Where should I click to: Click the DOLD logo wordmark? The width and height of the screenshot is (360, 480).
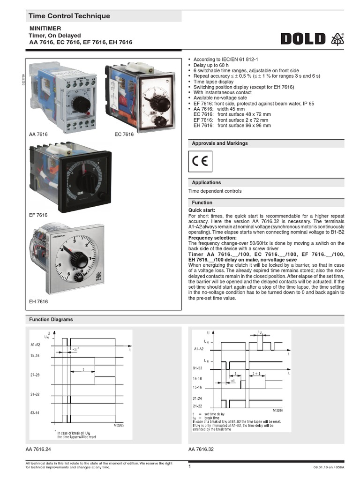[x=303, y=38]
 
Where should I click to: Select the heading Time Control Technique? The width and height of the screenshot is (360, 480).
[x=69, y=16]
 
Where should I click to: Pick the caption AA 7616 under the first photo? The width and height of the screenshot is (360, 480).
[x=38, y=135]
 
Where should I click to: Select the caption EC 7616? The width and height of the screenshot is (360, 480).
[x=124, y=135]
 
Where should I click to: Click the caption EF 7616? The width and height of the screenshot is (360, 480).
[x=38, y=215]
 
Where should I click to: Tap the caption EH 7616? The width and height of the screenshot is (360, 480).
[x=38, y=302]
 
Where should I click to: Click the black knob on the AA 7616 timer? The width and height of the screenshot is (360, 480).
[x=82, y=105]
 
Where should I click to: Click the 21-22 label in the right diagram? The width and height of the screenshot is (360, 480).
[x=198, y=406]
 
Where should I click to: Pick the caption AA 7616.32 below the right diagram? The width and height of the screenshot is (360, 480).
[x=201, y=450]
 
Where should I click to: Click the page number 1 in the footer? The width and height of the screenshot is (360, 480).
[x=190, y=466]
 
